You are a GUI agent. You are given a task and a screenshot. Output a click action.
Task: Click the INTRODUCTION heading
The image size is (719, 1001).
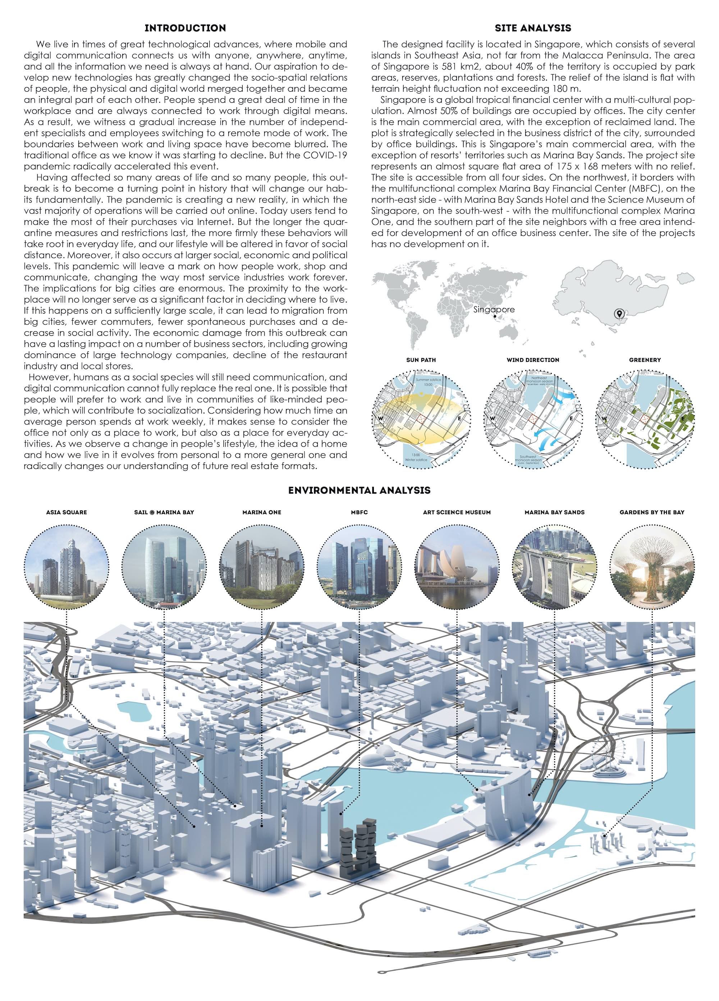[185, 28]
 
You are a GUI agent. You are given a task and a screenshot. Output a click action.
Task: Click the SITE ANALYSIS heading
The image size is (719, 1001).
[532, 28]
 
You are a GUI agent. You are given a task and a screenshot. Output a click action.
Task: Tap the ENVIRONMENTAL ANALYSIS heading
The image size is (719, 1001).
[359, 490]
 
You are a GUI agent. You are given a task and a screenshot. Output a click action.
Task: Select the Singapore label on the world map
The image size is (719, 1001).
[494, 309]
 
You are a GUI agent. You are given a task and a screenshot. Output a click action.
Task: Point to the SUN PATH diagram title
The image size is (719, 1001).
[421, 360]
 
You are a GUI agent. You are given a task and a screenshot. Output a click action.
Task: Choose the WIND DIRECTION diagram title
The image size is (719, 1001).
[533, 360]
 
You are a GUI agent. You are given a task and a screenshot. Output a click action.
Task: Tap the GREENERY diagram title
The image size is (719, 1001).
[645, 360]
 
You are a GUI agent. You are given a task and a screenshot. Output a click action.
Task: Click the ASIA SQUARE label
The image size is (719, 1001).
[67, 512]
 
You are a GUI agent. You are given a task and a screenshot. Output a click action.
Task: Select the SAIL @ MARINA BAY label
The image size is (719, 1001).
[164, 512]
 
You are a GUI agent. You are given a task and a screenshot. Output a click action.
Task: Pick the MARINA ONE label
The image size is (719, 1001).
[262, 512]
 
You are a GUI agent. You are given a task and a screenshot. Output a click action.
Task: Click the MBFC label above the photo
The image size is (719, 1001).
[359, 512]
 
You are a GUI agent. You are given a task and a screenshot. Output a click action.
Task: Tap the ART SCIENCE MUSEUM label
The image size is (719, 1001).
[457, 512]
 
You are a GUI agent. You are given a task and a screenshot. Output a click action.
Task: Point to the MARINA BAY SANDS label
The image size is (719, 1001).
[554, 512]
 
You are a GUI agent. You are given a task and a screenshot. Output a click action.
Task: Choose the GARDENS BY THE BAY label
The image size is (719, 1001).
[652, 512]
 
